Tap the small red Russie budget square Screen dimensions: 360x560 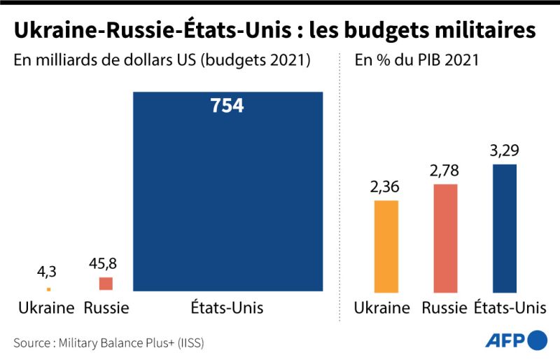(x=106, y=284)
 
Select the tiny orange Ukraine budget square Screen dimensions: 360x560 (x=48, y=289)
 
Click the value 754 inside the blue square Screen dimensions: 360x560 (x=227, y=106)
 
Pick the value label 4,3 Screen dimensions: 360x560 (x=48, y=270)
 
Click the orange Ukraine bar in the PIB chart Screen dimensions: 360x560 (x=386, y=246)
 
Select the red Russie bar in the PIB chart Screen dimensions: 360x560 (x=445, y=238)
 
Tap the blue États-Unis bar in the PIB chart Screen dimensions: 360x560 (x=504, y=228)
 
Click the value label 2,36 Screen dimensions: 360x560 (x=386, y=188)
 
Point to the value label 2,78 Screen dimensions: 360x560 (x=445, y=172)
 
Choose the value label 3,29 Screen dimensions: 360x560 (x=504, y=151)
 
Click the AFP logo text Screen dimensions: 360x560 (x=505, y=341)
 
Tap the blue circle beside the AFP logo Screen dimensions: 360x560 (x=537, y=341)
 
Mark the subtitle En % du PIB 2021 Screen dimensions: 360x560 (x=416, y=60)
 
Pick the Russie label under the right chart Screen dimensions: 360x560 (x=445, y=308)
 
